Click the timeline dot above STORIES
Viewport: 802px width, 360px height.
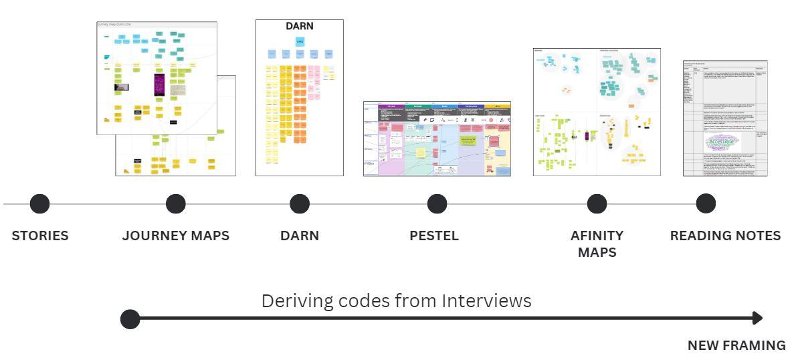[39, 203]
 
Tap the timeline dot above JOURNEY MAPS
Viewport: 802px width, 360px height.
[175, 203]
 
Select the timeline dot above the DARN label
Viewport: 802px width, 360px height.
[299, 203]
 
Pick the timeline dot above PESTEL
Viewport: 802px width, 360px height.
[437, 203]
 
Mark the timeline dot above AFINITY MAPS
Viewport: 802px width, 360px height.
[597, 203]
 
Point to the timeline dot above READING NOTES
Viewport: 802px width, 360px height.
[706, 203]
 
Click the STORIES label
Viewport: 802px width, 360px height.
[39, 236]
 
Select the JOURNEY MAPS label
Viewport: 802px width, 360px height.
[175, 236]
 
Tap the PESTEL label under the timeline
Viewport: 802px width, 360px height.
[434, 236]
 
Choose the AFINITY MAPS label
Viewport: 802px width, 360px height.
[597, 244]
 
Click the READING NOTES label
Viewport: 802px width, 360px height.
[726, 236]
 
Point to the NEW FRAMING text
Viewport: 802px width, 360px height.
[737, 345]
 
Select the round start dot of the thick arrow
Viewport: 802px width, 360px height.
[130, 319]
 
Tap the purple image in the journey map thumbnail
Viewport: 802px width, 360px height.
[159, 87]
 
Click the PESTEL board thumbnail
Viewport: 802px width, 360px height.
[437, 139]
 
